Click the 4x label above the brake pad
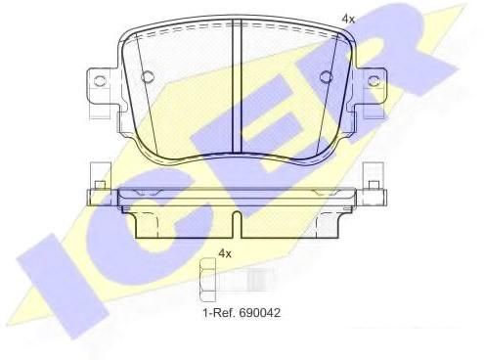point(348,19)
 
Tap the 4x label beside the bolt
point(225,253)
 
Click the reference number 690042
point(260,313)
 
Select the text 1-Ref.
point(220,313)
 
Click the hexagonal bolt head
point(207,280)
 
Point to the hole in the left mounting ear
point(100,80)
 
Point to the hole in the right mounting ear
point(374,80)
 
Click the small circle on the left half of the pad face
point(148,76)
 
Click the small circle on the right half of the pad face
point(326,76)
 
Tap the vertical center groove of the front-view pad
point(237,86)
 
